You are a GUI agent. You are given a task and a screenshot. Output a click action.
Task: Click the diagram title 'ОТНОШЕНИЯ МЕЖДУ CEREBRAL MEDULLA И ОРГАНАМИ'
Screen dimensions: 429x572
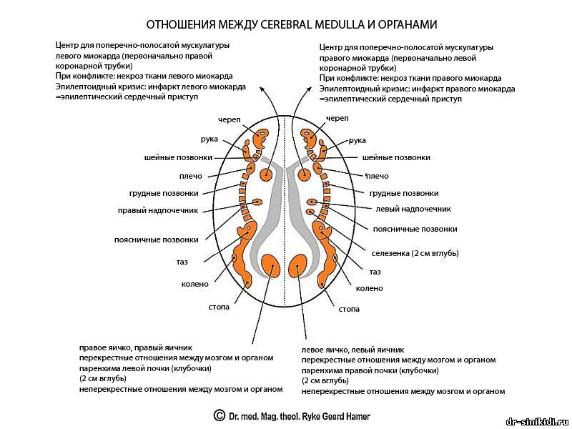tap(286, 24)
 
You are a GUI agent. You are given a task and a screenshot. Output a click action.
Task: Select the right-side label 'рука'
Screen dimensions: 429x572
tap(357, 140)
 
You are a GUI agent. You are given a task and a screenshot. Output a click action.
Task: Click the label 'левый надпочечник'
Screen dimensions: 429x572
tap(413, 209)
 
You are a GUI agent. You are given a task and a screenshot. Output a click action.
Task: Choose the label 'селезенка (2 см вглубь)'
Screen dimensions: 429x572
tap(415, 253)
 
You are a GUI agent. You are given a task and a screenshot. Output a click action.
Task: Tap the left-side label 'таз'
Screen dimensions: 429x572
tap(182, 262)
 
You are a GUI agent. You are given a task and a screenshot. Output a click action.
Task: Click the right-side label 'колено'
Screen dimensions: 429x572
tap(369, 288)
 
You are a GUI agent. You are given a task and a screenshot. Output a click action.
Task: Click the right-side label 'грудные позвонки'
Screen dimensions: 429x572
tap(404, 193)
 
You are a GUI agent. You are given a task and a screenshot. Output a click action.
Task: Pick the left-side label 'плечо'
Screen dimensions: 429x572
tap(191, 176)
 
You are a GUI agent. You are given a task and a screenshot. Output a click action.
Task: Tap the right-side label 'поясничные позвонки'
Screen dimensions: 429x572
tap(415, 229)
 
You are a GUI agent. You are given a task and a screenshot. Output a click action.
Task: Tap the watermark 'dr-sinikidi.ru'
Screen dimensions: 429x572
tap(536, 421)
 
